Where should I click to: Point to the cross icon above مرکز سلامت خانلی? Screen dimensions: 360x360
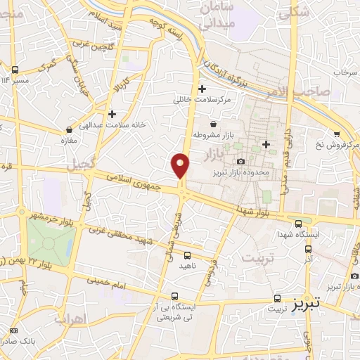202,89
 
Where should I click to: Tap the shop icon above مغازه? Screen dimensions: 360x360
69,130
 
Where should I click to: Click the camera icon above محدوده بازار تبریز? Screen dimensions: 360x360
241,162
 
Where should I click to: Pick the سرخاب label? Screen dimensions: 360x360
345,72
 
